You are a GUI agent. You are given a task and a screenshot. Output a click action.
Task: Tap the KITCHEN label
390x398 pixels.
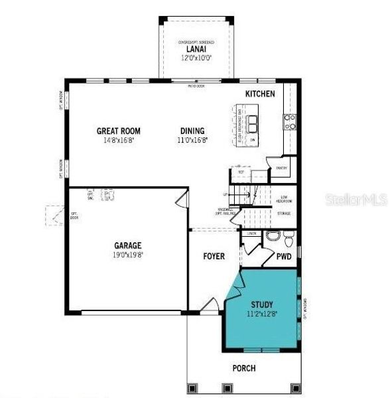(x=260, y=94)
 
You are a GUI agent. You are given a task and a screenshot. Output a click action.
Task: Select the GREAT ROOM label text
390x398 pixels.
(x=119, y=131)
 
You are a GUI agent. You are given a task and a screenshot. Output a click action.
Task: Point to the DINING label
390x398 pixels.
(x=192, y=131)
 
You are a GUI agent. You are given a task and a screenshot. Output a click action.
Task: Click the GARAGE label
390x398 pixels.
(x=128, y=245)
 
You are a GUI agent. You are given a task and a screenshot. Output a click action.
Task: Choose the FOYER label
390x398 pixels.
(x=214, y=256)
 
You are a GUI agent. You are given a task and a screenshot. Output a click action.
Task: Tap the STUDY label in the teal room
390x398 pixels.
(x=261, y=305)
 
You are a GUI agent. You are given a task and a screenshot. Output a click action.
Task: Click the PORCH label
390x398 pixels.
(x=244, y=368)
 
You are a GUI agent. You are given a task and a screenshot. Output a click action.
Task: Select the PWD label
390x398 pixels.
(x=284, y=256)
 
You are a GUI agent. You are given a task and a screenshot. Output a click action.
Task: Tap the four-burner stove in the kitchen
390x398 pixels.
(x=290, y=121)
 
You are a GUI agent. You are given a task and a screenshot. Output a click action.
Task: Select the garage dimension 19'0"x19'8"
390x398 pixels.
(x=128, y=254)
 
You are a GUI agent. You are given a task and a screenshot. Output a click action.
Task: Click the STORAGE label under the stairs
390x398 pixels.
(x=284, y=214)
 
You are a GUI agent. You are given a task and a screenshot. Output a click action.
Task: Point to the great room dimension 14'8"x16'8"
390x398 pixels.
(x=119, y=140)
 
